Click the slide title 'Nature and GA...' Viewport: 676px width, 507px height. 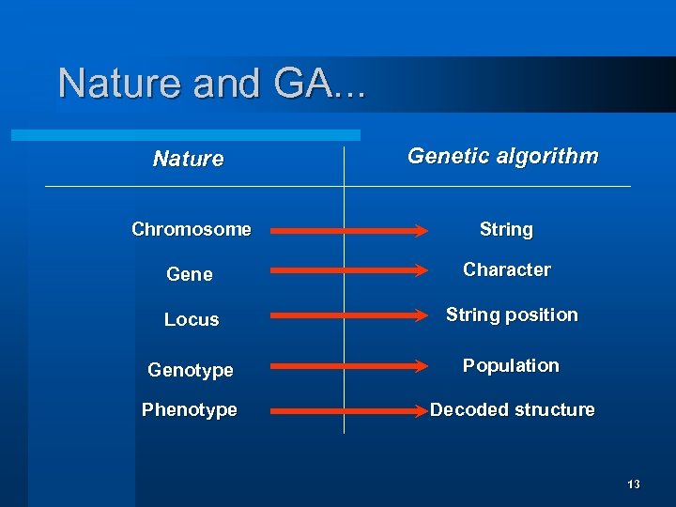coord(212,84)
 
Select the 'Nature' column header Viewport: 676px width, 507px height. coord(189,159)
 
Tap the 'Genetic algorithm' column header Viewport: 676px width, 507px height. coord(502,156)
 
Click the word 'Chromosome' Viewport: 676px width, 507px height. coord(192,229)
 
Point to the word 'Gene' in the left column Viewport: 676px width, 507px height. coord(190,274)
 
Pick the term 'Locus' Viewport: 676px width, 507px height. coord(192,319)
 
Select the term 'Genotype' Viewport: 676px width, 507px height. coord(191,370)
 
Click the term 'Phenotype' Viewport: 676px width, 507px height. coord(190,409)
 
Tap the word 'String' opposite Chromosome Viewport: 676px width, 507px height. coord(506,229)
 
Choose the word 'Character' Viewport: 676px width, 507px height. coord(507,269)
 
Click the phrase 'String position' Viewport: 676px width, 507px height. coord(512,315)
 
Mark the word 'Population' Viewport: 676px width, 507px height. coord(511,365)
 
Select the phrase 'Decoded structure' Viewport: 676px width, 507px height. coord(512,409)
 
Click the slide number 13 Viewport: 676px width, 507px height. coord(634,484)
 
